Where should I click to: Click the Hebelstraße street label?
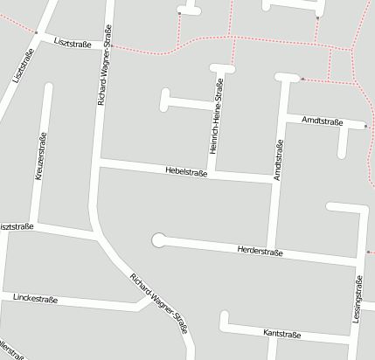[185, 172]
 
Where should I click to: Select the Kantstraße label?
[281, 334]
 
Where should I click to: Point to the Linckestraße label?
[36, 298]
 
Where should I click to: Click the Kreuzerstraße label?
[40, 157]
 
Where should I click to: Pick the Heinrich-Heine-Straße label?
[215, 115]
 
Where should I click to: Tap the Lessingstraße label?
[358, 299]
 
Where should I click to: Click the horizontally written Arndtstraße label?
[321, 121]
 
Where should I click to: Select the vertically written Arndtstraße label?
[278, 160]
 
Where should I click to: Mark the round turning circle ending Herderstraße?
[158, 239]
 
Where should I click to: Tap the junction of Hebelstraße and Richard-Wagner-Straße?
[98, 163]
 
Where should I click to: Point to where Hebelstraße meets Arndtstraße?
[274, 180]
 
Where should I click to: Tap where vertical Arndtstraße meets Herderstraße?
[272, 250]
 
